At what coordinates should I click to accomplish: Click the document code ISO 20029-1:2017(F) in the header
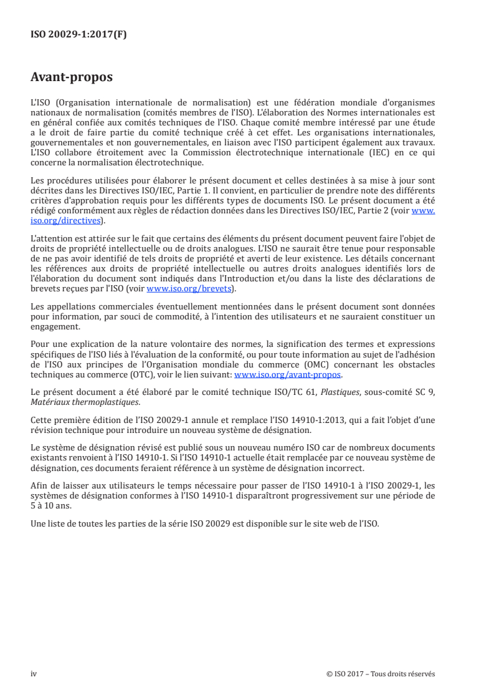(78, 35)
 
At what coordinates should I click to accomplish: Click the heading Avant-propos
(72, 78)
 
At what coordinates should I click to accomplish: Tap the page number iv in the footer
(34, 673)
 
